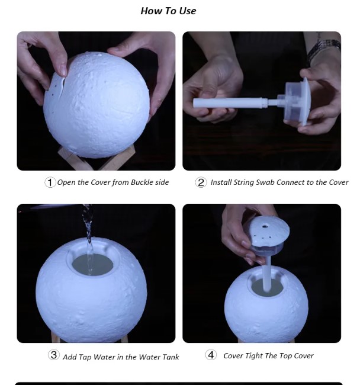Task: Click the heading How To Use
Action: [x=168, y=11]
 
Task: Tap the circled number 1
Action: [x=50, y=182]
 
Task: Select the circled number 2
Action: [x=201, y=182]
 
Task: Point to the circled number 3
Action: [x=54, y=356]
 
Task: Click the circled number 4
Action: [x=211, y=355]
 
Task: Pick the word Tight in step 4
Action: [x=258, y=356]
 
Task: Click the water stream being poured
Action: [x=89, y=237]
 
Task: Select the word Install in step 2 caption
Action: [x=222, y=182]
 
